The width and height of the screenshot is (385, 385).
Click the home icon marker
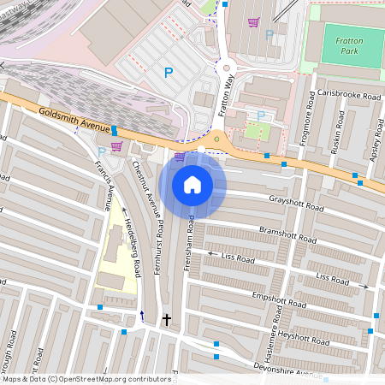pos(192,185)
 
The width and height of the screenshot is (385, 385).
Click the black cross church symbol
pos(167,320)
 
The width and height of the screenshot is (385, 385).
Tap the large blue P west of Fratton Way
pos(169,74)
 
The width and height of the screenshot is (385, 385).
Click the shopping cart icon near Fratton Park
pos(253,22)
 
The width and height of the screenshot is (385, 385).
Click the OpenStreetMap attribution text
pos(74,379)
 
